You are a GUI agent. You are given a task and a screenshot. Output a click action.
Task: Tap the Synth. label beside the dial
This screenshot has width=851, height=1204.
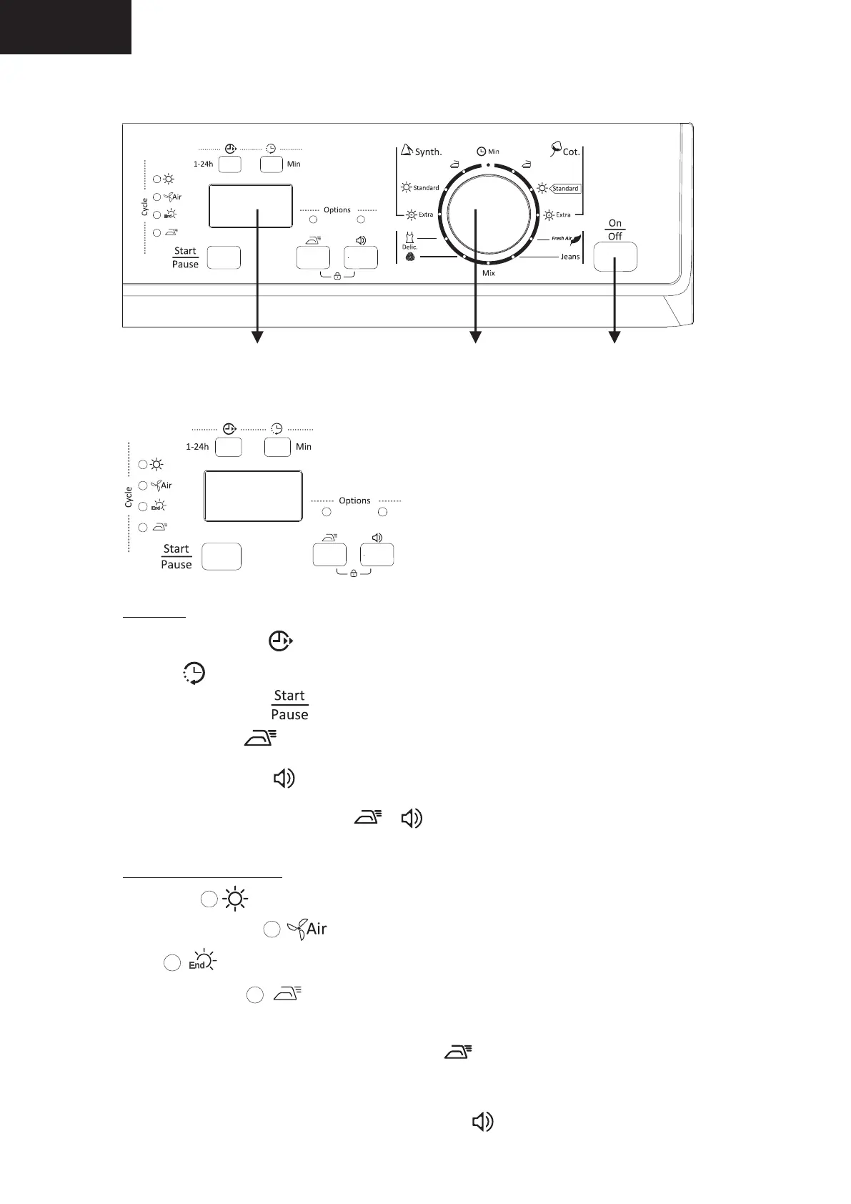point(428,152)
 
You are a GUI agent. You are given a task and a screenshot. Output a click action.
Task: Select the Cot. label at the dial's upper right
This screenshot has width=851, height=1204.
point(571,152)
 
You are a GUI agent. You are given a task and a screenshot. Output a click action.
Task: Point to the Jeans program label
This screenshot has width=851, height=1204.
point(569,257)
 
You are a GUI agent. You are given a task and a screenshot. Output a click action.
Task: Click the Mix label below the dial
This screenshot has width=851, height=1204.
point(489,273)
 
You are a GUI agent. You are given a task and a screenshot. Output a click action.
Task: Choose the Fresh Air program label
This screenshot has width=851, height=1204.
point(562,238)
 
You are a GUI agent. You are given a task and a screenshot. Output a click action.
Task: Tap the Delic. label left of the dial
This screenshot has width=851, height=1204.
point(409,247)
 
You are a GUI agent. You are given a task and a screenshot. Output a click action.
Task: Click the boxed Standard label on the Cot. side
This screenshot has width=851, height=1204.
point(565,189)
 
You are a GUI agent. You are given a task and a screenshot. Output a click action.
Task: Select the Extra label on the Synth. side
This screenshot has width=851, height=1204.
point(425,214)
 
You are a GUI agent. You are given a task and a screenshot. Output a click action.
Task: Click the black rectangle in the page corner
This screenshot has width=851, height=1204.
point(65,26)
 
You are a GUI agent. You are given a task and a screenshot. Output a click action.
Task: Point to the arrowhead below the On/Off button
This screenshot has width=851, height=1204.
point(614,337)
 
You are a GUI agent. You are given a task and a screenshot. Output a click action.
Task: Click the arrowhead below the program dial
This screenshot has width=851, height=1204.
point(475,337)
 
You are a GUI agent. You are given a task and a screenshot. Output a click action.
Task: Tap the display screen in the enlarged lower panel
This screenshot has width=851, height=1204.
point(253,495)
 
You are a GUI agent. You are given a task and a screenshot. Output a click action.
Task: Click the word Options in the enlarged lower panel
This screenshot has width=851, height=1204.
point(354,500)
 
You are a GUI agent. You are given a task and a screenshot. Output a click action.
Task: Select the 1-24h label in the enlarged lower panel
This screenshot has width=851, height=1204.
point(197,447)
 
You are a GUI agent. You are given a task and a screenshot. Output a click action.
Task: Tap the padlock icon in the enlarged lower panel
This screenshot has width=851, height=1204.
point(353,573)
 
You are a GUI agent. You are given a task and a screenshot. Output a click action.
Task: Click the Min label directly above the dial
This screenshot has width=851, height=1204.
point(493,152)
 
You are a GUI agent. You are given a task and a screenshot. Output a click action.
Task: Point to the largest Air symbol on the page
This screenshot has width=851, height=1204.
point(316,929)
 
